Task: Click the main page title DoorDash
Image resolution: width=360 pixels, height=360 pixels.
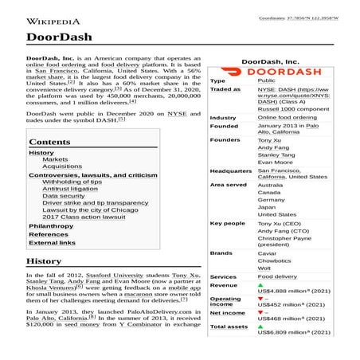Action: (x=59, y=37)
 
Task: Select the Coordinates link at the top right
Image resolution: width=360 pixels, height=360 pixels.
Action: (x=298, y=18)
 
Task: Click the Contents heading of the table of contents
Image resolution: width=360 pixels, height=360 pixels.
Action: (x=49, y=143)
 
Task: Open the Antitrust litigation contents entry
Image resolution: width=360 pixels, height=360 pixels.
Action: (x=70, y=189)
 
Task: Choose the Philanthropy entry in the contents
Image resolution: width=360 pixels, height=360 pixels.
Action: (x=51, y=226)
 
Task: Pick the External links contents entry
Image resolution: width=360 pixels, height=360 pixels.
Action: (x=52, y=243)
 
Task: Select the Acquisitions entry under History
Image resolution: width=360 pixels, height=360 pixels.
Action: (x=62, y=166)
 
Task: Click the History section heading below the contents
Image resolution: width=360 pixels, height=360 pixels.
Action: (x=44, y=260)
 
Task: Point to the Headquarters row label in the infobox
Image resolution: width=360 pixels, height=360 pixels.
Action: (x=231, y=170)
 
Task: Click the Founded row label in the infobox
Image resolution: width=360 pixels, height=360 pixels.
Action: (x=224, y=126)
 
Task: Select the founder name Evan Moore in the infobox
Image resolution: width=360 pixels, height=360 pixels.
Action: (x=275, y=162)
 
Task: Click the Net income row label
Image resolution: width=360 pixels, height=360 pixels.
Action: (x=227, y=312)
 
